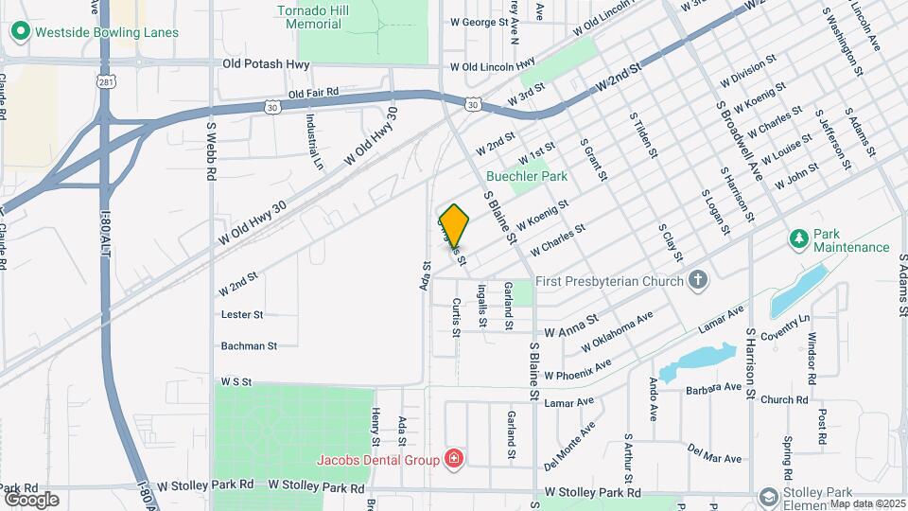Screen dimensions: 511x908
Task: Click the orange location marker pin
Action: (x=455, y=225)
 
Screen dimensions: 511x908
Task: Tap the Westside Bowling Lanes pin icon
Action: (x=20, y=31)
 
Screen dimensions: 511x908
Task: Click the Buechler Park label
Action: (x=527, y=176)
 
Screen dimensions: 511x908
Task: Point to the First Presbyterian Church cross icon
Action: (x=698, y=280)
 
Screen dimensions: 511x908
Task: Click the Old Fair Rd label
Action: (x=313, y=93)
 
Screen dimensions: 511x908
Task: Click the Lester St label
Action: (x=241, y=314)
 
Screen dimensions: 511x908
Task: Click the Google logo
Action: (x=31, y=499)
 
